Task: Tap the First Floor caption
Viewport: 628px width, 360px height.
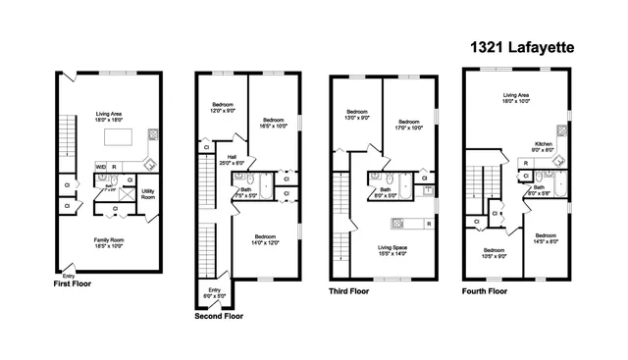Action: (76, 283)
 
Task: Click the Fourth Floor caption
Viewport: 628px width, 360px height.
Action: (485, 291)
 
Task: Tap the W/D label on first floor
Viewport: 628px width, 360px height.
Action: (101, 167)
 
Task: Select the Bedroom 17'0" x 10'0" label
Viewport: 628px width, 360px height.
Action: (401, 124)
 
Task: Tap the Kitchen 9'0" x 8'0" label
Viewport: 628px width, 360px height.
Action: (543, 148)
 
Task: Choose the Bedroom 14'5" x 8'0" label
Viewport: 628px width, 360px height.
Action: (547, 238)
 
